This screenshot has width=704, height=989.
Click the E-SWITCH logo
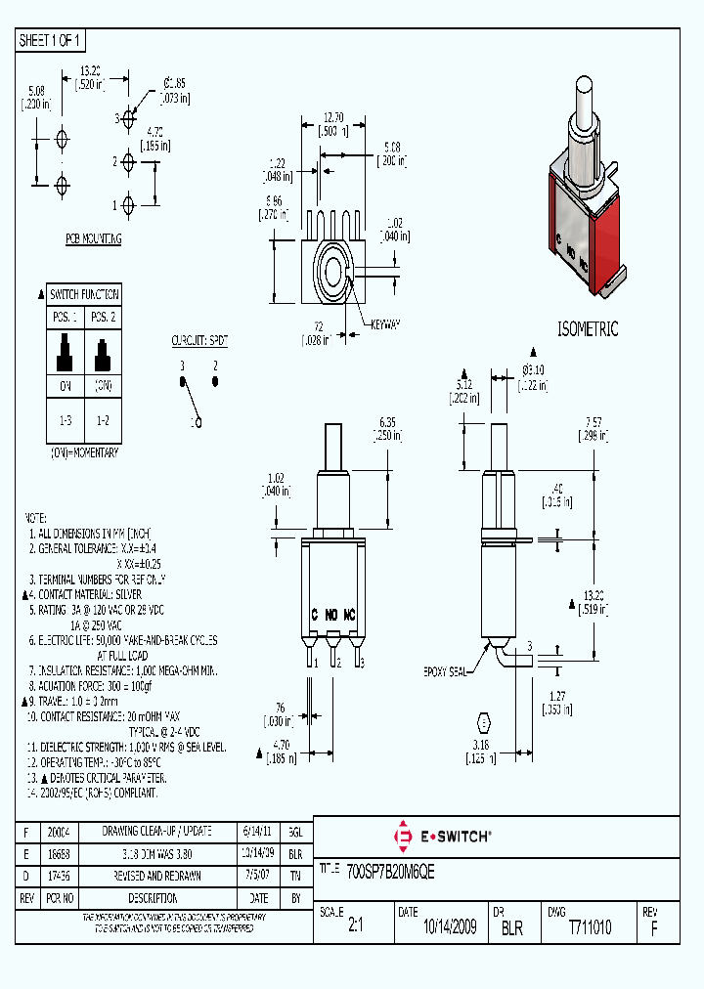(442, 837)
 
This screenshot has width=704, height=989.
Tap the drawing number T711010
(590, 927)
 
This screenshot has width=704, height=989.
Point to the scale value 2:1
(355, 927)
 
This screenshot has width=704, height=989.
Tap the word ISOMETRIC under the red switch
(588, 330)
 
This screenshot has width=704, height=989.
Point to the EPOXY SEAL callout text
(446, 673)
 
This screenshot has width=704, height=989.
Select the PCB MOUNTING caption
(94, 238)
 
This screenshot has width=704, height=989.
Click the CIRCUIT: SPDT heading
(199, 341)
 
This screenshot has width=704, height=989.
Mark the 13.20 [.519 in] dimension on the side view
(592, 601)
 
